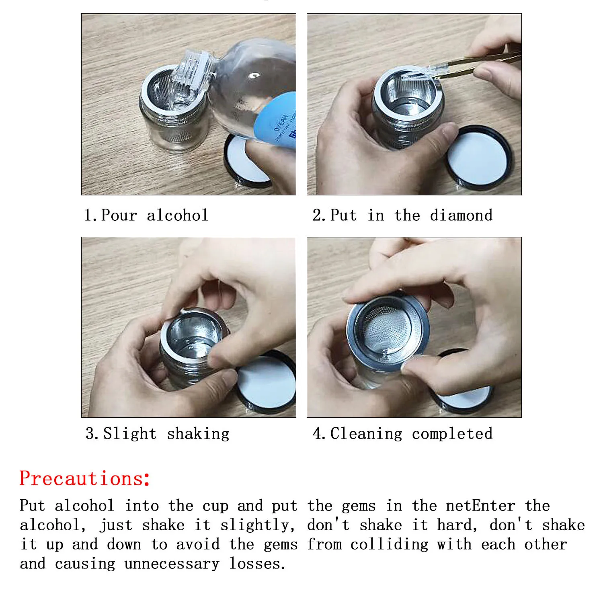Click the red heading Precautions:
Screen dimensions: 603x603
pos(85,478)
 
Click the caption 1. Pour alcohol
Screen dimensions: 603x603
pos(146,215)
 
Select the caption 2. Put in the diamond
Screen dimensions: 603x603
pos(402,215)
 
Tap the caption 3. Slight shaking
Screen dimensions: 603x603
pos(157,434)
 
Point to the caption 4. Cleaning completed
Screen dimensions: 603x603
pos(402,434)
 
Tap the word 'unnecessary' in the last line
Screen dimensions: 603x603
pos(172,564)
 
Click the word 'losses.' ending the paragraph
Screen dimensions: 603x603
pos(257,564)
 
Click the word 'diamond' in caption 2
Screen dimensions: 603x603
pos(461,215)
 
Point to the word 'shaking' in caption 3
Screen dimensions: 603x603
pos(198,434)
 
